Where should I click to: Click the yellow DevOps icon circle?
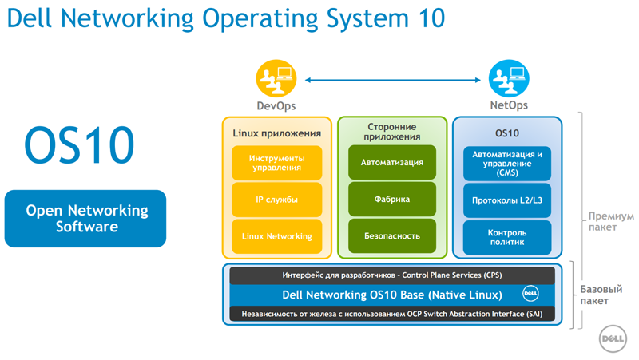click(276, 78)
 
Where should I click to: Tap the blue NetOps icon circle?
click(509, 78)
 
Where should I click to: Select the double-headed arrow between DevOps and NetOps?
click(393, 80)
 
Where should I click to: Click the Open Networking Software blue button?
click(85, 218)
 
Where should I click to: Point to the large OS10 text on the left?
click(79, 145)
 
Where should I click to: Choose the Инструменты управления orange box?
click(276, 163)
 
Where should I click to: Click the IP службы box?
click(276, 200)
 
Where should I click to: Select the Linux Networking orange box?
click(276, 236)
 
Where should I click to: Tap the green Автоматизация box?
click(392, 163)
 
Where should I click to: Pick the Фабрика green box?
click(392, 199)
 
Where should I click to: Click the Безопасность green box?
click(392, 235)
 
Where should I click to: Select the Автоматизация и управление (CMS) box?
click(507, 164)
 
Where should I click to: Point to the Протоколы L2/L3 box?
click(507, 200)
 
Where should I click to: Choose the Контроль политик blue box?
click(507, 237)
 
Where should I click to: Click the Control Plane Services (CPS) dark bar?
click(392, 275)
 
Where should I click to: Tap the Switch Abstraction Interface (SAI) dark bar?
click(392, 314)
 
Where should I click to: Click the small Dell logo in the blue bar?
click(530, 293)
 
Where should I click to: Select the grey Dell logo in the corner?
click(613, 338)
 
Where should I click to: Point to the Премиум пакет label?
click(611, 222)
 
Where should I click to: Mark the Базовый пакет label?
click(601, 295)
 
